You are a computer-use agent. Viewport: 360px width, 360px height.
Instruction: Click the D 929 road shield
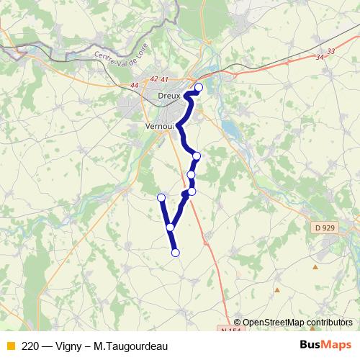(x=325, y=228)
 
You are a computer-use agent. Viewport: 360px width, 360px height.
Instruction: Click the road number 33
(x=330, y=51)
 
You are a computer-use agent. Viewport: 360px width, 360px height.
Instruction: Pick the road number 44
(x=135, y=86)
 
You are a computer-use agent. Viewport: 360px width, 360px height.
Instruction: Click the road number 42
(x=154, y=79)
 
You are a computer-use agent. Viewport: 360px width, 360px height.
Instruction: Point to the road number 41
(x=164, y=79)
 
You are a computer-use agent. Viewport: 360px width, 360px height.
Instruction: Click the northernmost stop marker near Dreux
(x=199, y=88)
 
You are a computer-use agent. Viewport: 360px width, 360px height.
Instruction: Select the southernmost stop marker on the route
(x=175, y=252)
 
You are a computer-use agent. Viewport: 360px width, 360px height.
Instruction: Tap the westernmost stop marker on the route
(x=161, y=197)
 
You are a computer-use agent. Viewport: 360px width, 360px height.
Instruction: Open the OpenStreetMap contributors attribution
(x=297, y=323)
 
